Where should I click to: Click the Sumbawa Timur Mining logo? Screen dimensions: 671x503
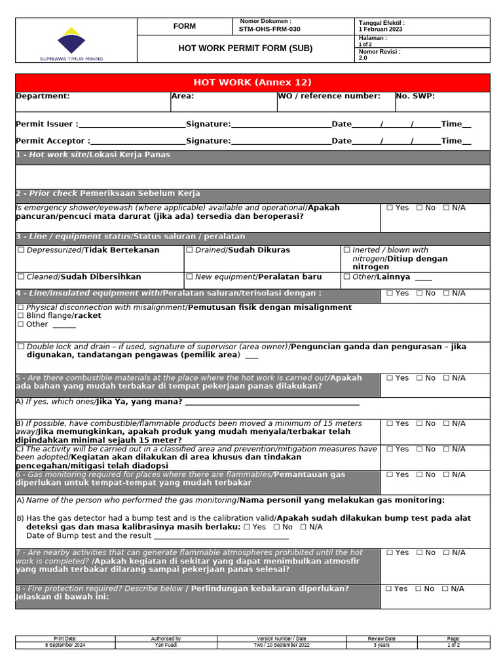tap(71, 43)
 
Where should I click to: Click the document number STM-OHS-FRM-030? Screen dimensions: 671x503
tap(269, 29)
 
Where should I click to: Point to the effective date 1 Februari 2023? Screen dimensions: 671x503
tap(381, 29)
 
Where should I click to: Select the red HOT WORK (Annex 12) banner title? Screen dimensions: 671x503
tap(252, 83)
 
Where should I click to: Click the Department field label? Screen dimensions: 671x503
tap(43, 96)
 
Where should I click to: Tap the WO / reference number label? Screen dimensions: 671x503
tap(329, 96)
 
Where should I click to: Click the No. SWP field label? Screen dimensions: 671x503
tap(415, 96)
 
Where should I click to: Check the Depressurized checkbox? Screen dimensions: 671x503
tap(21, 250)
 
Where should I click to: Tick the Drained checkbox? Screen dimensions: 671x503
tap(190, 250)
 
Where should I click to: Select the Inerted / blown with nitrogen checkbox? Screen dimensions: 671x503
tap(347, 250)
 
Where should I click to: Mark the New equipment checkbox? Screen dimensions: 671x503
tap(190, 277)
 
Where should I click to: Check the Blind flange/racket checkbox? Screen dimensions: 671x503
tap(21, 316)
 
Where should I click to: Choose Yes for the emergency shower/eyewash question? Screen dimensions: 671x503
tap(390, 208)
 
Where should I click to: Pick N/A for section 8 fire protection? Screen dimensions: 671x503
tap(447, 589)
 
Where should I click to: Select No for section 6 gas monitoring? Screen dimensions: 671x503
tap(420, 474)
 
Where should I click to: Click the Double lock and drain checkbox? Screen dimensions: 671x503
tap(21, 347)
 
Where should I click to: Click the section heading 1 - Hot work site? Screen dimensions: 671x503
tap(92, 155)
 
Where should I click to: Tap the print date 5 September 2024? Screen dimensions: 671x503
tap(65, 645)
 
